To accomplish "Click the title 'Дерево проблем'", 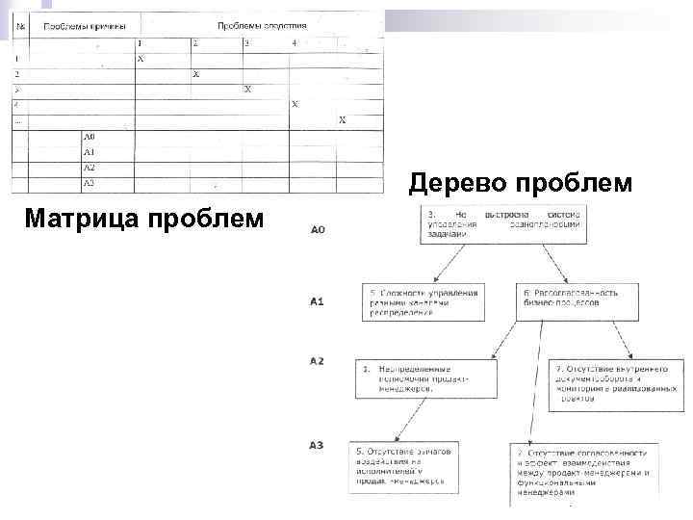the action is click(x=521, y=182).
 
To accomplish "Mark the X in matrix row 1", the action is click(x=141, y=59).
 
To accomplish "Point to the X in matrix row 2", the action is click(x=196, y=74).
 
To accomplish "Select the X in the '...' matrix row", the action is click(x=342, y=120).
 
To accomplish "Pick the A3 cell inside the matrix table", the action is click(x=89, y=182).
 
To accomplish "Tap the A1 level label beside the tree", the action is click(x=318, y=301).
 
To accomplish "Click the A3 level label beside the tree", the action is click(x=317, y=444).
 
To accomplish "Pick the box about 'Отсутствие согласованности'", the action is click(x=581, y=471).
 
